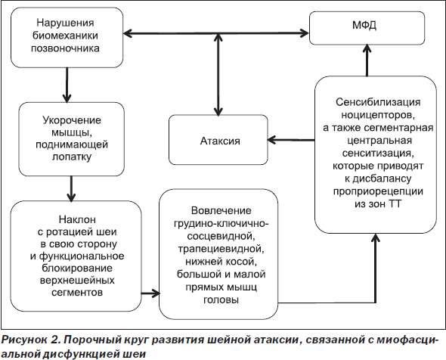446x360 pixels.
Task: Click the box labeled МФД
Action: click(367, 28)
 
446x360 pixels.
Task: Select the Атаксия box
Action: click(218, 140)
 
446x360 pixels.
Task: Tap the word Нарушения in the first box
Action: click(65, 23)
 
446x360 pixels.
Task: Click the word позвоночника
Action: click(65, 48)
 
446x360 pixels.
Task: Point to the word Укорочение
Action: click(72, 120)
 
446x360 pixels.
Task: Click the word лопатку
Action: click(72, 157)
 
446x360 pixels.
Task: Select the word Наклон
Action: click(77, 219)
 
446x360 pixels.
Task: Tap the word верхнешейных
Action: click(77, 281)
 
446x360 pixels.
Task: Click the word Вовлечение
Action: click(221, 210)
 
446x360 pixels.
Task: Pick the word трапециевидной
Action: click(220, 249)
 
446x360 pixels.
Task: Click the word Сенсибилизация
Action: click(378, 102)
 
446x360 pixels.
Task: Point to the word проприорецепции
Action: click(378, 191)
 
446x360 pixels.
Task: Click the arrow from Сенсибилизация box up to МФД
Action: click(367, 61)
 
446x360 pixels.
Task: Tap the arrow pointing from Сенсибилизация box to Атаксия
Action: click(291, 140)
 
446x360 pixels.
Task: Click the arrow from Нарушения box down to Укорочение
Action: click(67, 85)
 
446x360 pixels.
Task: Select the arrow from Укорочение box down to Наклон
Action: click(71, 188)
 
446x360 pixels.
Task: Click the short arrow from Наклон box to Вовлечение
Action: click(150, 293)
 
